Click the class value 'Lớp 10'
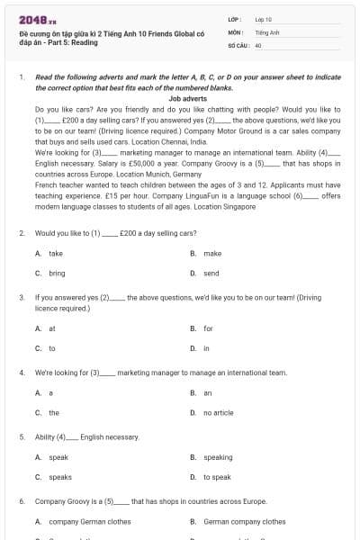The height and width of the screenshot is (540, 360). [x=264, y=19]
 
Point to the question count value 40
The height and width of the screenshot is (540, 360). [x=258, y=44]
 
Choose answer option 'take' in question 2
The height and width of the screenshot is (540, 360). [x=56, y=254]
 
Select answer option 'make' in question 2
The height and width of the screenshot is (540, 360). [x=212, y=254]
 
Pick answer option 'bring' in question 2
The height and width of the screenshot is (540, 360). [x=57, y=273]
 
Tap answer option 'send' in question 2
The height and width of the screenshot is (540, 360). [x=211, y=273]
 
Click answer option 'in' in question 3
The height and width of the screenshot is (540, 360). [x=206, y=347]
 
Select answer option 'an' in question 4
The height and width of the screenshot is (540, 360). [x=207, y=393]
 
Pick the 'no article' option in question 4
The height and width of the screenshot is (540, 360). [x=219, y=412]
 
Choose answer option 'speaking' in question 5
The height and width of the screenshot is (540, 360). [x=218, y=457]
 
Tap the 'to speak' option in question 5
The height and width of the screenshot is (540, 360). [x=218, y=477]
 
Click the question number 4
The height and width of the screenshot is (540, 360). [x=22, y=372]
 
